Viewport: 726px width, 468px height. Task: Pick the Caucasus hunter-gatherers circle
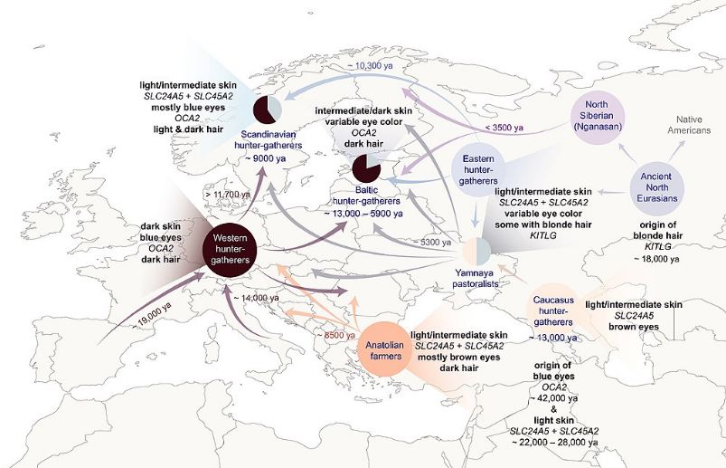[554, 308]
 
